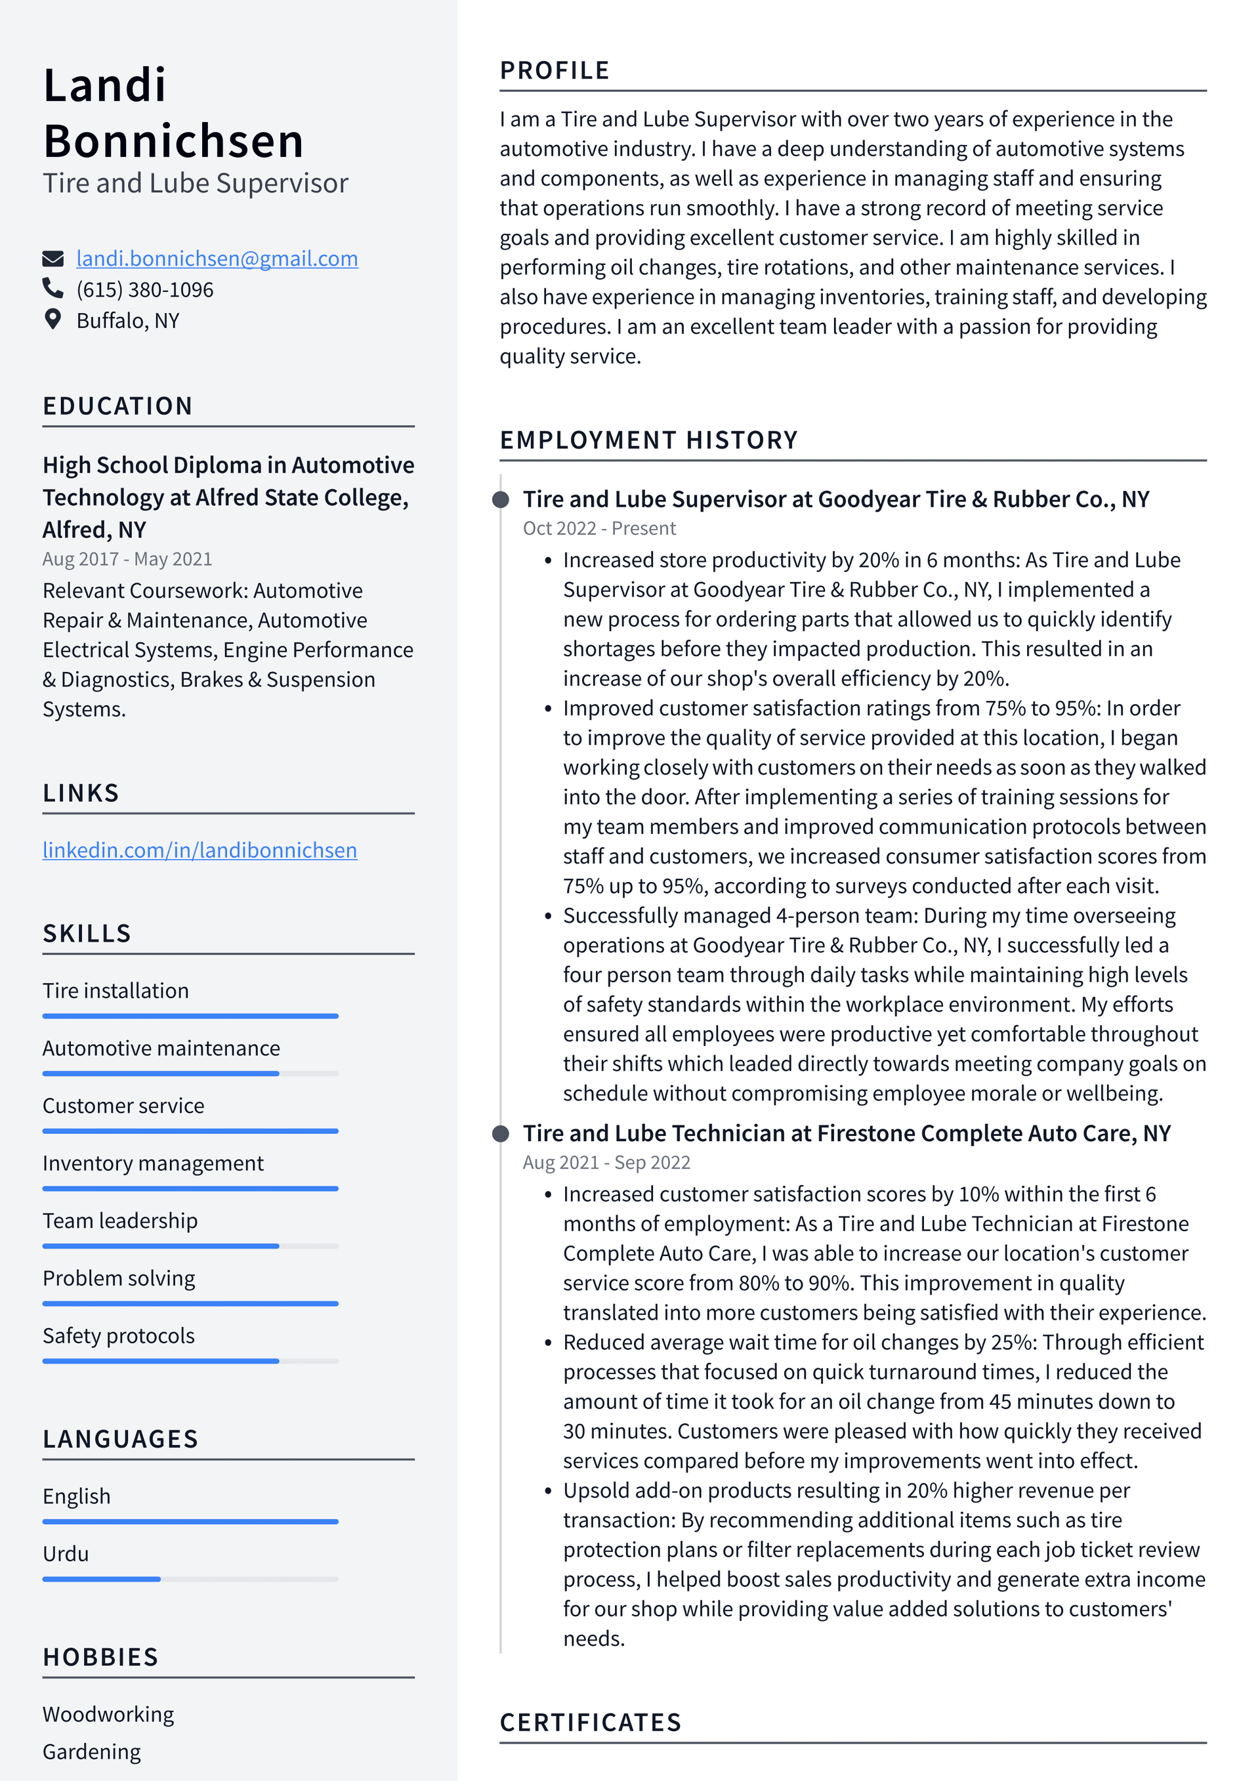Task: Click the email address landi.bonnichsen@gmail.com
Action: (x=217, y=259)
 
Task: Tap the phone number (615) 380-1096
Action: (x=144, y=289)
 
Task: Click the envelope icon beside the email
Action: (x=52, y=259)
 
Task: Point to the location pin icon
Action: (x=52, y=320)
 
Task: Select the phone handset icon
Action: (x=52, y=289)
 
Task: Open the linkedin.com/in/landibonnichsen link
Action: (x=199, y=850)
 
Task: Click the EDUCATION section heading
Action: (x=117, y=406)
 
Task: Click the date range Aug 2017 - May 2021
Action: (x=127, y=558)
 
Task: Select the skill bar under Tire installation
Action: (x=190, y=1015)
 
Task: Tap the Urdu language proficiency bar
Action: (x=190, y=1578)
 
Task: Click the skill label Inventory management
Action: (x=153, y=1163)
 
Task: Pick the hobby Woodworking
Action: (x=108, y=1713)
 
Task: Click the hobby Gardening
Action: (x=92, y=1751)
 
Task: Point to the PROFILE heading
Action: (x=554, y=71)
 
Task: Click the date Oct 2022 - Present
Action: (x=599, y=528)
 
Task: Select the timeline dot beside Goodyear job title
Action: (x=501, y=499)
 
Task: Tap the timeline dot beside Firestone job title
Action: (x=501, y=1133)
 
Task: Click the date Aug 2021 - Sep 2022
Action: (x=606, y=1162)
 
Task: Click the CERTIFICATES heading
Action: (x=590, y=1722)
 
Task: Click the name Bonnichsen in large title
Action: (x=173, y=141)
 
